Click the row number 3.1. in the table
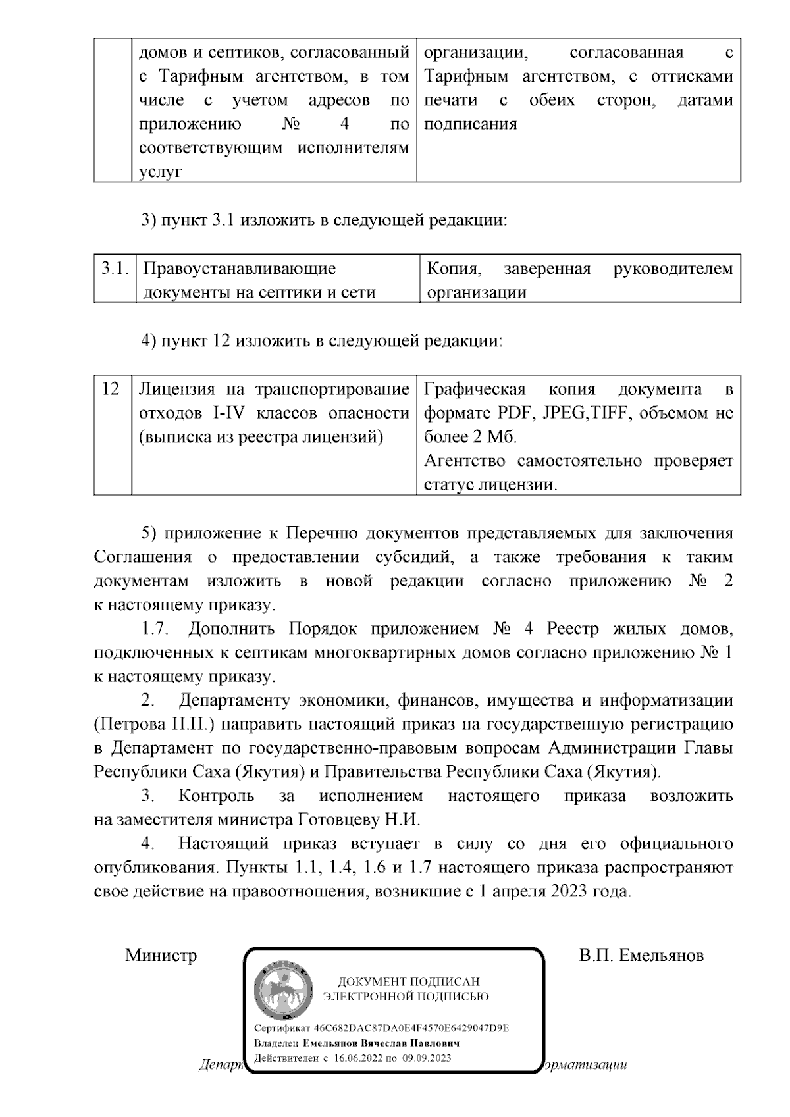point(113,269)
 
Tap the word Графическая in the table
point(474,389)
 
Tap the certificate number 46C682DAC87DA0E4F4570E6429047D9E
point(411,1028)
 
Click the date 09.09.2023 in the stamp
point(428,1058)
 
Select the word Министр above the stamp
point(161,955)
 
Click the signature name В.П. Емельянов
point(641,955)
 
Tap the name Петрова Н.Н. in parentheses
point(155,725)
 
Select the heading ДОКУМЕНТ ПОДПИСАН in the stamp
point(409,981)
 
